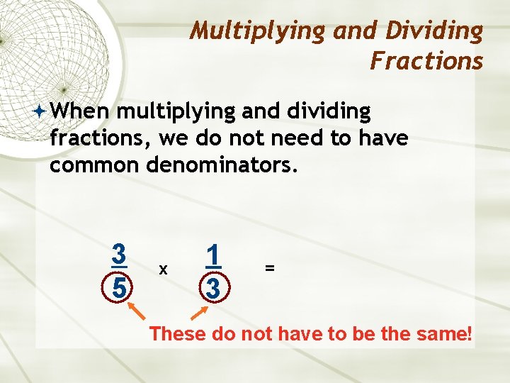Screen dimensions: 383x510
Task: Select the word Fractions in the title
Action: click(x=426, y=61)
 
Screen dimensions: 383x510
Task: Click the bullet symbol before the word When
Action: click(x=40, y=111)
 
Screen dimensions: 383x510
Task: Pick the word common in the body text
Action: click(x=94, y=165)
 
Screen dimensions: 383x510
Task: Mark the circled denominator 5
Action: click(x=120, y=287)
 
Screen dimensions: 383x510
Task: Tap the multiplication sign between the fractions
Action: click(x=164, y=270)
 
